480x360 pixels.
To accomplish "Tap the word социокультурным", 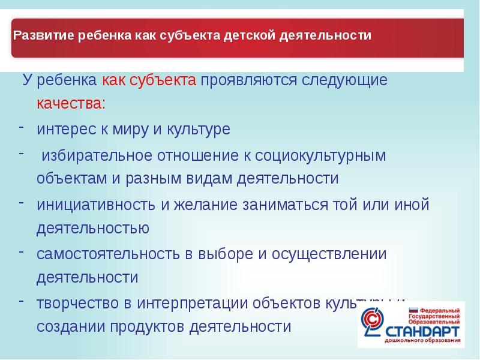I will [321, 155].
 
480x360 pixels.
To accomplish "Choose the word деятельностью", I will [92, 229].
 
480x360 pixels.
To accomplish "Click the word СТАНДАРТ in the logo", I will [422, 332].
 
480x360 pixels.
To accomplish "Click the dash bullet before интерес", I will [21, 127].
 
